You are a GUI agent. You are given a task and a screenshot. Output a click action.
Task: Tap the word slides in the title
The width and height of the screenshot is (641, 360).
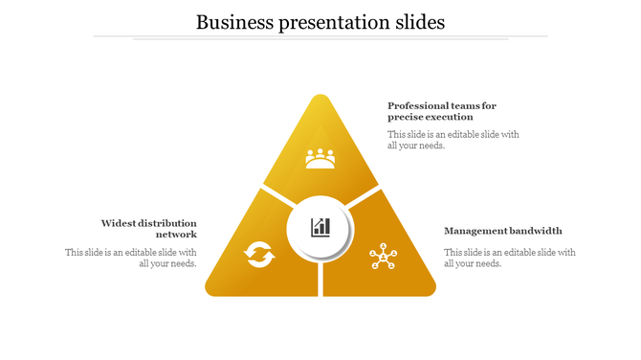coord(417,21)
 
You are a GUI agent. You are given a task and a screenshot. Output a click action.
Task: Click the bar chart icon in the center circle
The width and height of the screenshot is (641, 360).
coord(320,227)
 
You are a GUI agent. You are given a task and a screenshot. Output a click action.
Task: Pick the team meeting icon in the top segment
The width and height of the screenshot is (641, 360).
coord(320,158)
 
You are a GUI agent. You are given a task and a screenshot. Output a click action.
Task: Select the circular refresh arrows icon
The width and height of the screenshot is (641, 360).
coord(259,255)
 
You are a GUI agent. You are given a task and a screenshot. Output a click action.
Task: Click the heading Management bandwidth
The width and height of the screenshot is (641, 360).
coord(503,231)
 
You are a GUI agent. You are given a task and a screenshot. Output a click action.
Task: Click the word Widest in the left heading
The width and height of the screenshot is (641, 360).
coord(121,222)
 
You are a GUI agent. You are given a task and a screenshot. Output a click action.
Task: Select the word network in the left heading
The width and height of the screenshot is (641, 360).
coord(177,234)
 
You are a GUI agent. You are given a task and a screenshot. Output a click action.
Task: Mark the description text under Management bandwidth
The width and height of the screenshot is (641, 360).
coord(509,258)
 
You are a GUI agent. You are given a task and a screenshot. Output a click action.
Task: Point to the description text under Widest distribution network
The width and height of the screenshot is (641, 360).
coord(132,258)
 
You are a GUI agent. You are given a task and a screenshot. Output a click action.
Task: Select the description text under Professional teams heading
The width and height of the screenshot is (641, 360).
coord(453,140)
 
